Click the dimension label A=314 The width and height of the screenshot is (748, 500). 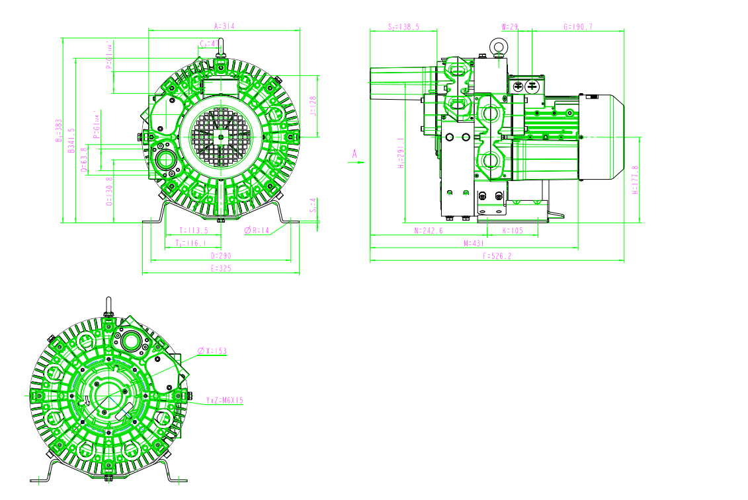[x=225, y=26]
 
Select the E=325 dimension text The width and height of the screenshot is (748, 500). [x=221, y=269]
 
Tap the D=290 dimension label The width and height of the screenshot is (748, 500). [x=221, y=255]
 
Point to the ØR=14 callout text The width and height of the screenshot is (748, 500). [x=257, y=231]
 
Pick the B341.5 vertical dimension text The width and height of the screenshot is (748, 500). [x=71, y=141]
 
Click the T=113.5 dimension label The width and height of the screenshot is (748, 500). [x=194, y=231]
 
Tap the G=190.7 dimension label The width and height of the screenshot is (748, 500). [x=577, y=27]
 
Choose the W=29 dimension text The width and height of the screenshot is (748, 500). [x=510, y=27]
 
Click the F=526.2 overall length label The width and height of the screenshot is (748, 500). [x=497, y=256]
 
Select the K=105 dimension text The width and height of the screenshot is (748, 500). [x=513, y=231]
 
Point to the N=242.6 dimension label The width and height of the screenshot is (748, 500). [x=428, y=231]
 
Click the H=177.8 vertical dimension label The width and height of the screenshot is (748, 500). [x=635, y=180]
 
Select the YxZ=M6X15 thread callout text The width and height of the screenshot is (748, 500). [x=225, y=400]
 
